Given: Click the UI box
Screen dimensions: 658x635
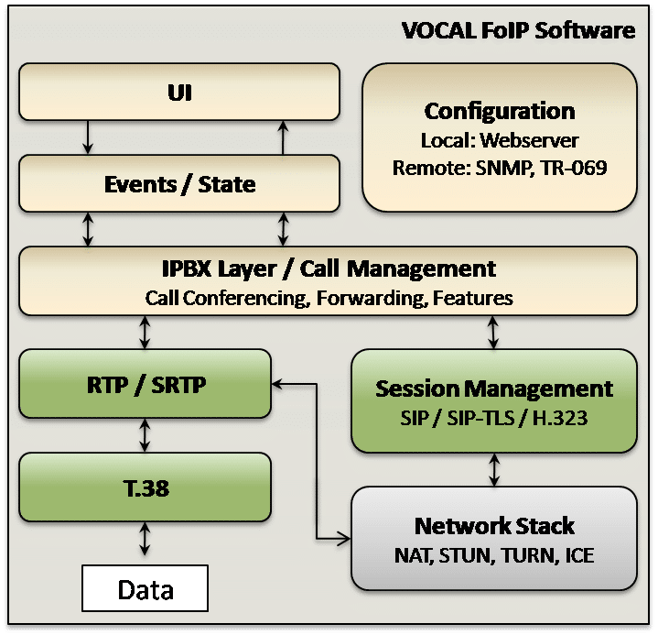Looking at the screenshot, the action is tap(179, 92).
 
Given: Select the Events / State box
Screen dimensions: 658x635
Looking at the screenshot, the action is tap(179, 183).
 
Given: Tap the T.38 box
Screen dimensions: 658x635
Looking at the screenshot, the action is tap(146, 487).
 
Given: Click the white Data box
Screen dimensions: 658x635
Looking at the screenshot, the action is tap(146, 588).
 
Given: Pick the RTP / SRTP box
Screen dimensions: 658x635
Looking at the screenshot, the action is tap(146, 384).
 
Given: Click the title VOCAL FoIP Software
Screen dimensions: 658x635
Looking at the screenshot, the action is tap(518, 30).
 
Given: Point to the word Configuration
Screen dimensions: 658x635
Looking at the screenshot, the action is tap(500, 112).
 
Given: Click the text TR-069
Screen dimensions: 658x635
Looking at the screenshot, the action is tap(574, 168).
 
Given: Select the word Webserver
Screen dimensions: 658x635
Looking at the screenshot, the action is tap(530, 140).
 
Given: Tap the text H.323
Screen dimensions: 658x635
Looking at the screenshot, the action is tap(560, 418).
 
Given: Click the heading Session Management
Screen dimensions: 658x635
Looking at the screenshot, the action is tap(494, 389).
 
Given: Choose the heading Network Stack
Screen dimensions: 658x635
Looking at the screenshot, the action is tap(494, 526).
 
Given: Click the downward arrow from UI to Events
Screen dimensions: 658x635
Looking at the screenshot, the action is tap(88, 137).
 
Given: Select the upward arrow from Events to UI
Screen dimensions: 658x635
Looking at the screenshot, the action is tap(284, 137).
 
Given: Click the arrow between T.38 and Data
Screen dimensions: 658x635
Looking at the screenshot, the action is tap(145, 539).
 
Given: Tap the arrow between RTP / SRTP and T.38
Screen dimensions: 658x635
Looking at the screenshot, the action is tap(145, 435).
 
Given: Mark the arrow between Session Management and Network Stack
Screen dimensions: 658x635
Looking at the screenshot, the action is tap(494, 469).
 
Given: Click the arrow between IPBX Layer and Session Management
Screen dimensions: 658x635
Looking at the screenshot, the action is tap(493, 333).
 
